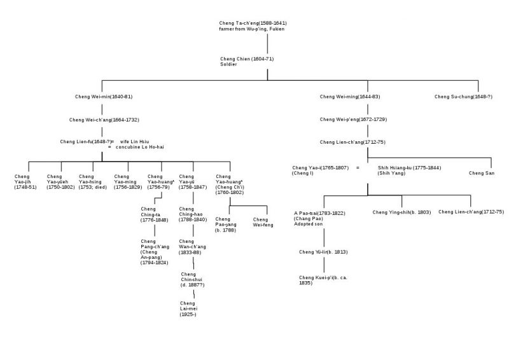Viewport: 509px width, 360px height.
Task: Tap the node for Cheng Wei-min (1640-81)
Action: pos(104,97)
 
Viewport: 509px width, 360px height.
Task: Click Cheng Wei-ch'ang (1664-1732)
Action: pos(103,119)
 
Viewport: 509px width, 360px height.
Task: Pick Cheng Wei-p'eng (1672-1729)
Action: pos(353,119)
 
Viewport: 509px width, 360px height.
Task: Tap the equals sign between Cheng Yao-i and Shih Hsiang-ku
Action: pos(358,167)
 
